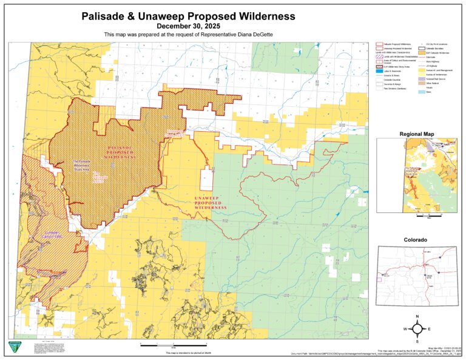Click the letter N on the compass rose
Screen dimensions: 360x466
(x=417, y=317)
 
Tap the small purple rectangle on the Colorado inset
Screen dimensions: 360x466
(x=380, y=279)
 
